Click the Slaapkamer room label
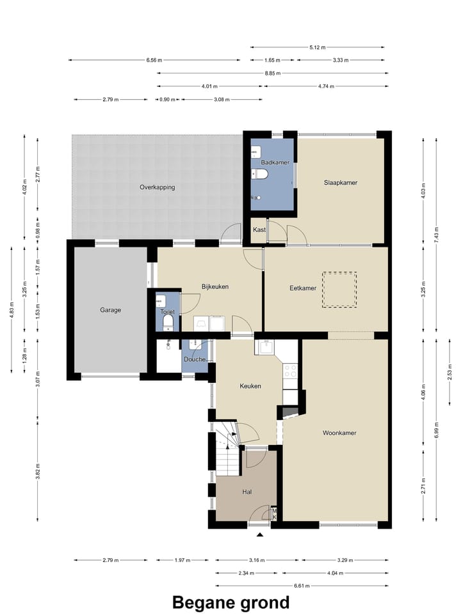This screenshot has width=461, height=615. click(x=341, y=182)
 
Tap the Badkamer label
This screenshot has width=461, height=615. click(x=275, y=162)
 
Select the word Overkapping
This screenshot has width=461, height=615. click(x=157, y=187)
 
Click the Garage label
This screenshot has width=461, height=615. click(x=110, y=310)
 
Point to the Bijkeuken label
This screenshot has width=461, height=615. click(x=214, y=286)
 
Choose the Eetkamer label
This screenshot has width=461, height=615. click(x=303, y=288)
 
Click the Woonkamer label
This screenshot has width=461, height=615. click(x=339, y=433)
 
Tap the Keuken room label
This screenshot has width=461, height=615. click(x=250, y=386)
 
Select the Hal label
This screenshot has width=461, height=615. click(x=247, y=492)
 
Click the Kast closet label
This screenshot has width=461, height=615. click(x=259, y=230)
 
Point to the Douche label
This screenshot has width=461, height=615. click(x=195, y=359)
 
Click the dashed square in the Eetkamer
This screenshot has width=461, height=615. click(x=339, y=290)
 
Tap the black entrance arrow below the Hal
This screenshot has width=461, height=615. click(x=259, y=534)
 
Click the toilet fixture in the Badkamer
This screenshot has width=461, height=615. click(x=259, y=173)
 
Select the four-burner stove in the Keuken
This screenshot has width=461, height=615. click(x=291, y=371)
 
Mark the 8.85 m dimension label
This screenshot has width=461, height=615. click(x=273, y=73)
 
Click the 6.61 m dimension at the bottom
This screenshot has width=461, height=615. click(x=302, y=586)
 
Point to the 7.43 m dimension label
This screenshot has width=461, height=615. click(x=437, y=235)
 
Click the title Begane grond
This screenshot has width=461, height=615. click(x=231, y=602)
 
